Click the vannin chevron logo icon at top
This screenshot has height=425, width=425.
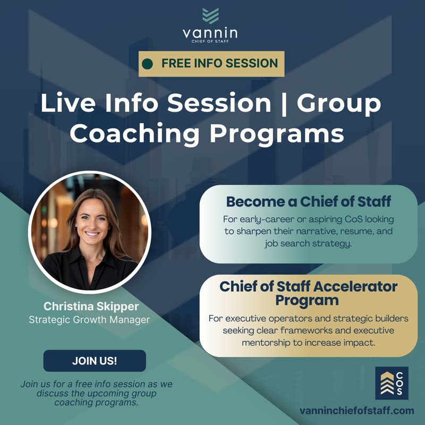tap(210, 15)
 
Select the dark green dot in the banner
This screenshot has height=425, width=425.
tap(148, 64)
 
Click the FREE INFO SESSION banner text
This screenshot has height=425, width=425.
tap(219, 64)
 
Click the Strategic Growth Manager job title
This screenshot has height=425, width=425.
tap(89, 319)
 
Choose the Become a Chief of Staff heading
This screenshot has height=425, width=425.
tap(309, 202)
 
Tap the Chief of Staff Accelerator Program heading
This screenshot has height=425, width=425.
tap(309, 293)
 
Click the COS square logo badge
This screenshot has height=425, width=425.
tap(392, 382)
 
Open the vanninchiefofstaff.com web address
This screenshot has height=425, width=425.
tap(356, 411)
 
